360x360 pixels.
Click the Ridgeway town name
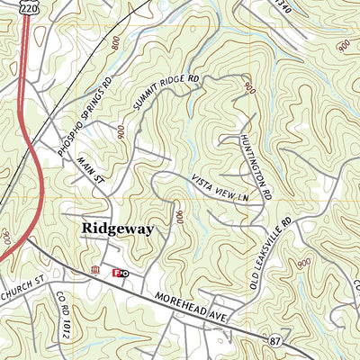coord(117,229)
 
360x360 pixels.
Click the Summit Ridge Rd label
coord(166,93)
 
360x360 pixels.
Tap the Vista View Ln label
coord(218,194)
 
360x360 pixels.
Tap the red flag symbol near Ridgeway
coord(115,272)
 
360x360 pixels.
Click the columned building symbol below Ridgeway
coord(96,271)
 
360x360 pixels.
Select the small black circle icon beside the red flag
coord(125,272)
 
